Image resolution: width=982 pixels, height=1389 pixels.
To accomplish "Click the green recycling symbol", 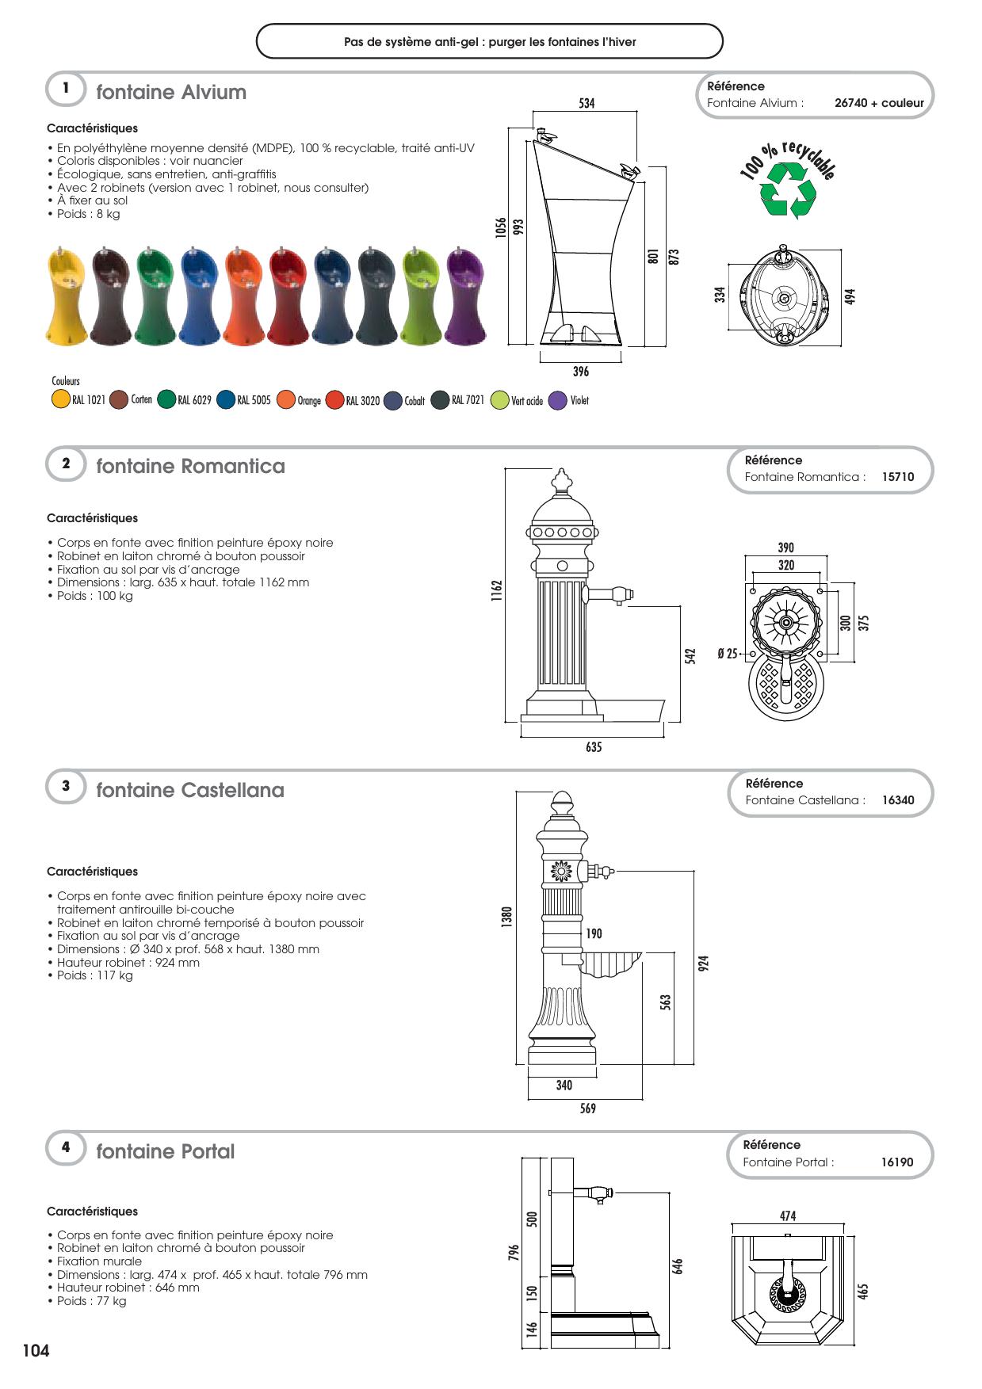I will (x=787, y=190).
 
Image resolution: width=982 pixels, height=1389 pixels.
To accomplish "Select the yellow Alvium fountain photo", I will (x=66, y=296).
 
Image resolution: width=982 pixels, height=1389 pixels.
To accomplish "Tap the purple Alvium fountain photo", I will (x=464, y=296).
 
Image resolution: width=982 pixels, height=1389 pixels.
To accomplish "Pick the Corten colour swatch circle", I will (x=119, y=400).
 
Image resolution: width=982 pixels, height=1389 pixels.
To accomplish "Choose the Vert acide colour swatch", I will (x=499, y=400).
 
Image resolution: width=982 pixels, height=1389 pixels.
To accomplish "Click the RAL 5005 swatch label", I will (x=254, y=400).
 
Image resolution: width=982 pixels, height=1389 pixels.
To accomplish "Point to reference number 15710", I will (x=897, y=477).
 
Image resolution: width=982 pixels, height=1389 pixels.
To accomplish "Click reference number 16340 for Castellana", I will (x=897, y=800).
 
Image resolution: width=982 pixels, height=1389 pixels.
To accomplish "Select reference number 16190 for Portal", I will (x=896, y=1162).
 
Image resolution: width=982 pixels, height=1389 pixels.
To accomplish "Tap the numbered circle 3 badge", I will (x=66, y=786).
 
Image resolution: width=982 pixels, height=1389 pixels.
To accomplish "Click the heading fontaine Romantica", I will (x=190, y=466).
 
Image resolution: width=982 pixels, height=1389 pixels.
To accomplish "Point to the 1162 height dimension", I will (x=497, y=590).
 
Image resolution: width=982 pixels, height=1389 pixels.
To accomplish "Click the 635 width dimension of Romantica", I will (x=594, y=747).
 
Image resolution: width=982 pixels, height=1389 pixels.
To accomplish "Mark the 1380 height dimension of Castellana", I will (x=507, y=917).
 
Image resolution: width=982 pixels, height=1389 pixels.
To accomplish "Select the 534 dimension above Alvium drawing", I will (x=587, y=103).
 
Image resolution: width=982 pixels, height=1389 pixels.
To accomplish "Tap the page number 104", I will (x=36, y=1351).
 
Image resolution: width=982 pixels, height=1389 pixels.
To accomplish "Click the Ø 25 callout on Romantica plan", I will (x=727, y=654).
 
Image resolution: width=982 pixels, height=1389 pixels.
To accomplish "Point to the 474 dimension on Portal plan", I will (x=787, y=1216).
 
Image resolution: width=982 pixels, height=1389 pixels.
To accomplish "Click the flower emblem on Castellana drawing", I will (x=562, y=872).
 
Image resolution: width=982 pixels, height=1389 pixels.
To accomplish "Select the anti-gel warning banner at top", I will (x=490, y=41).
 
